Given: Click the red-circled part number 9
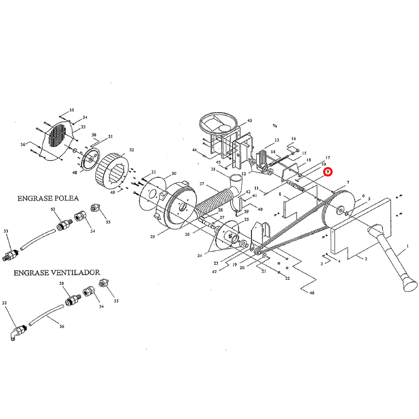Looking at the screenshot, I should pos(327,171).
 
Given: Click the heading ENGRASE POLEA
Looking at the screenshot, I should pos(48,199).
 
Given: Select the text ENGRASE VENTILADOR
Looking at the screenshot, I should pos(57,273).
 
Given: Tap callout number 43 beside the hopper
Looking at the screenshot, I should pos(250,121).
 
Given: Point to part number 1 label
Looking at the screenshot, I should pos(407,246).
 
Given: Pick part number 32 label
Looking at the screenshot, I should pos(131,150).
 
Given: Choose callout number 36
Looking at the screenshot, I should pos(23,145).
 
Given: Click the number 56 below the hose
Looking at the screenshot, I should pos(62,326).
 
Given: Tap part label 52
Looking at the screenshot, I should pos(5,303).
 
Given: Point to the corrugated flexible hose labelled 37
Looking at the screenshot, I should pos(215,202).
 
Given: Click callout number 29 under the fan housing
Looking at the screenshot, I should pos(152,237).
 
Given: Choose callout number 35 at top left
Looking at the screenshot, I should pos(72,110).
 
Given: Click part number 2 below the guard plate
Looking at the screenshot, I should pos(366,259).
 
